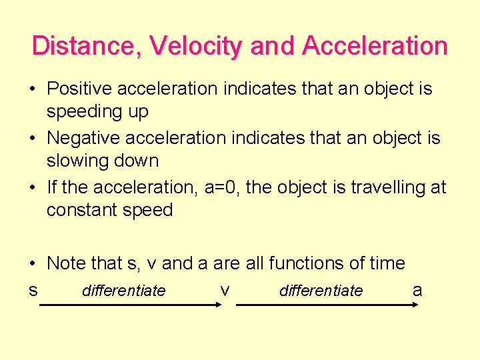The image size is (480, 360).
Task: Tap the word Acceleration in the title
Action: (x=374, y=46)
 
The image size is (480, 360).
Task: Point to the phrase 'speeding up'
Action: (x=97, y=111)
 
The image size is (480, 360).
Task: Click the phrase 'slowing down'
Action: (x=103, y=161)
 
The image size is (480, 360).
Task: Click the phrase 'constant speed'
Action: (x=109, y=210)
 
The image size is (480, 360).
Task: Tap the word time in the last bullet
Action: (x=387, y=263)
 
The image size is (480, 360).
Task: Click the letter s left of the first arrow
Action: (x=33, y=291)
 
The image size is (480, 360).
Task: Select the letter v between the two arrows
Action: (x=225, y=291)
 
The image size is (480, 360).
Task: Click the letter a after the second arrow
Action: (x=417, y=291)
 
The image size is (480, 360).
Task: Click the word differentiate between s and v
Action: (x=123, y=291)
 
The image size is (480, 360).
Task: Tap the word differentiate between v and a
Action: (x=321, y=291)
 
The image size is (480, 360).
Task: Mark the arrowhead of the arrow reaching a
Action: (x=414, y=305)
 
